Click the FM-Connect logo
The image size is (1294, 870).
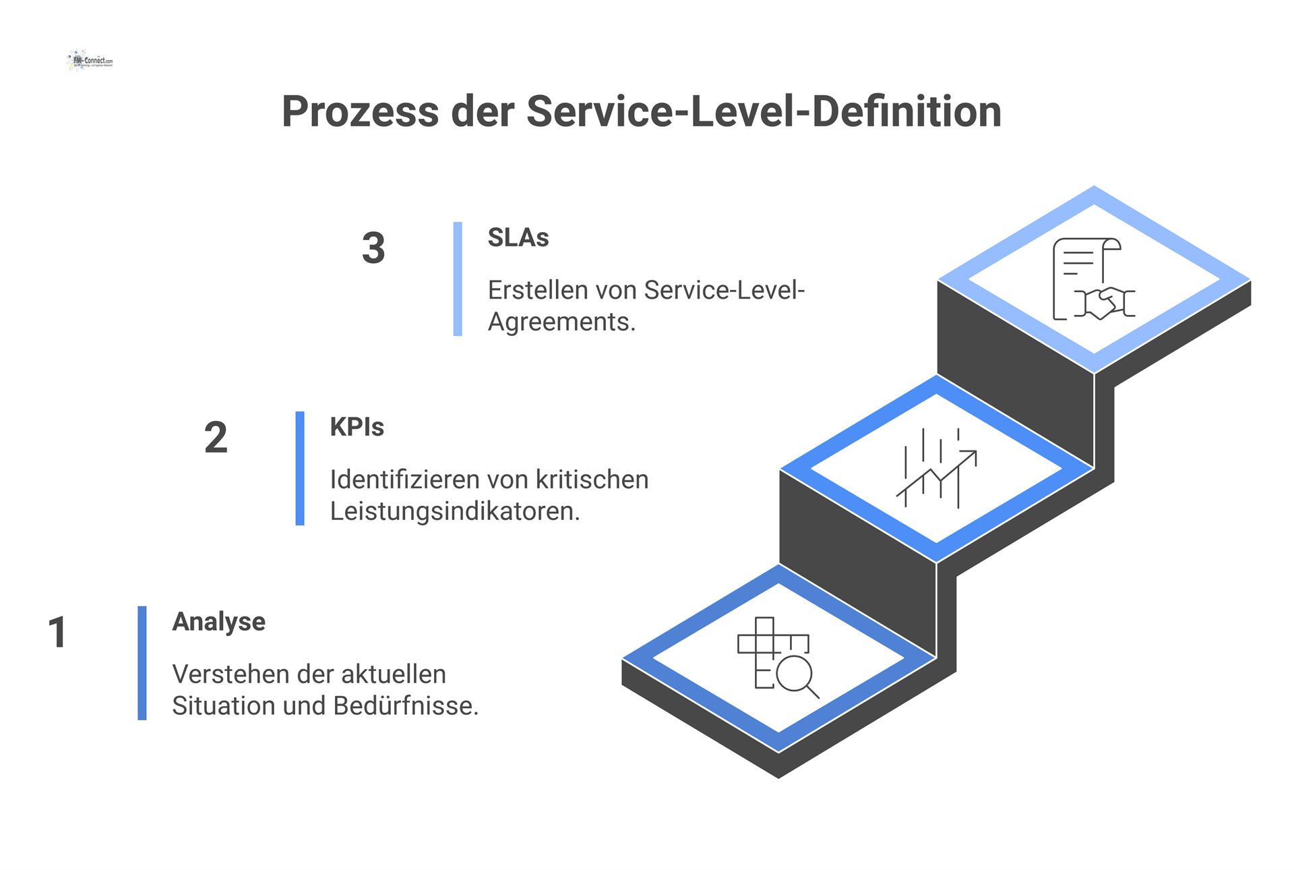(90, 61)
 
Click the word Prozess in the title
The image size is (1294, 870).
(360, 112)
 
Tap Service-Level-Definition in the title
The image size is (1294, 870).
(764, 112)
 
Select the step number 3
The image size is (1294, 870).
(373, 248)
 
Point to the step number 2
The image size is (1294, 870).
(216, 438)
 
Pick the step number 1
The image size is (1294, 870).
(57, 633)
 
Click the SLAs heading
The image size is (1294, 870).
(518, 238)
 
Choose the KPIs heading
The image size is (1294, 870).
(357, 428)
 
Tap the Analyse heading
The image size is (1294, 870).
(218, 622)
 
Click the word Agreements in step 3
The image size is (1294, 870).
(561, 322)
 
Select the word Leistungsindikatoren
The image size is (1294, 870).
(454, 512)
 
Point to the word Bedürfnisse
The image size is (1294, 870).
(405, 706)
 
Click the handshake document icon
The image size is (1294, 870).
(1093, 279)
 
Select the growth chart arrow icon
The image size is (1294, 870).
(936, 468)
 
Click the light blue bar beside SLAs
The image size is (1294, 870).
(458, 279)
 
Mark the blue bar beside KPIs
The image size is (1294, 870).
(300, 468)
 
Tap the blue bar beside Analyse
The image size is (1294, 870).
(142, 663)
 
